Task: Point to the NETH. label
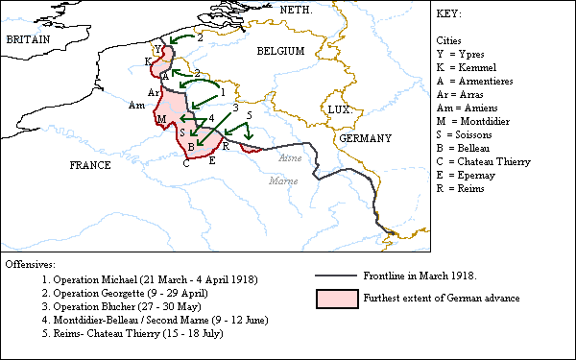pyautogui.click(x=297, y=9)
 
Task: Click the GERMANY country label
pyautogui.click(x=365, y=138)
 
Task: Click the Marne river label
pyautogui.click(x=283, y=180)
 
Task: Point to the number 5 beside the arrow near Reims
pyautogui.click(x=250, y=115)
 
